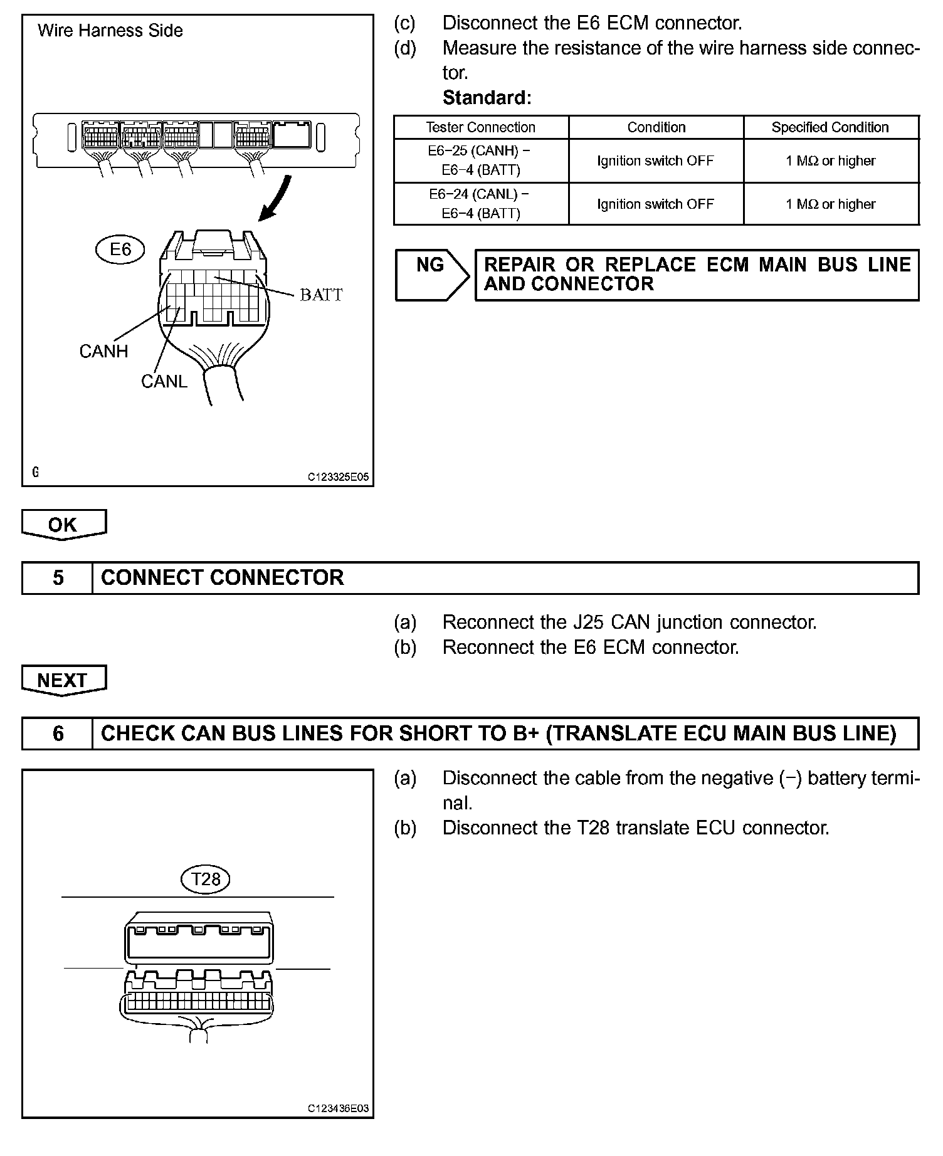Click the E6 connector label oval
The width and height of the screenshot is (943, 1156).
tap(120, 250)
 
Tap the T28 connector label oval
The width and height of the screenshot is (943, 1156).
tap(205, 879)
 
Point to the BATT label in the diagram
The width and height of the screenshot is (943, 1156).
tap(321, 295)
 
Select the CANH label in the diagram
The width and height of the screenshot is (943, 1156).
tap(103, 351)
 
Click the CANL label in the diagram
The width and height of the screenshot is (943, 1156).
tap(164, 381)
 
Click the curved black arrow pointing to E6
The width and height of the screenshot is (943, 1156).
tap(277, 197)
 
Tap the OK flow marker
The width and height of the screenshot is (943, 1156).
tap(63, 525)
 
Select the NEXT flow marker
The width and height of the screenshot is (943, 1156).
tap(63, 680)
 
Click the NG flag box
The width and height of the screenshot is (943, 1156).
tap(431, 275)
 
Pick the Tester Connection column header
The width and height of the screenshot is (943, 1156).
tap(481, 127)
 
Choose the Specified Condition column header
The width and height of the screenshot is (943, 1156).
tap(830, 127)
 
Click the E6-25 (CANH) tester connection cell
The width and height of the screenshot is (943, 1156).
tap(481, 160)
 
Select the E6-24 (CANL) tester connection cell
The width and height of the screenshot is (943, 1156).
tap(481, 204)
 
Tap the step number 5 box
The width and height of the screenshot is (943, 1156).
tap(58, 577)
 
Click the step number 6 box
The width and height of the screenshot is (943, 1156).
tap(58, 733)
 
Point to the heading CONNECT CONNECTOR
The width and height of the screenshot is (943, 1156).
tap(223, 577)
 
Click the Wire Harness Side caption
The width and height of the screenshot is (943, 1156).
tap(110, 31)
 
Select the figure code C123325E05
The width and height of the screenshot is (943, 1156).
tap(338, 478)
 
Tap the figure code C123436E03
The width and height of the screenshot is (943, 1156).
tap(338, 1109)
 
